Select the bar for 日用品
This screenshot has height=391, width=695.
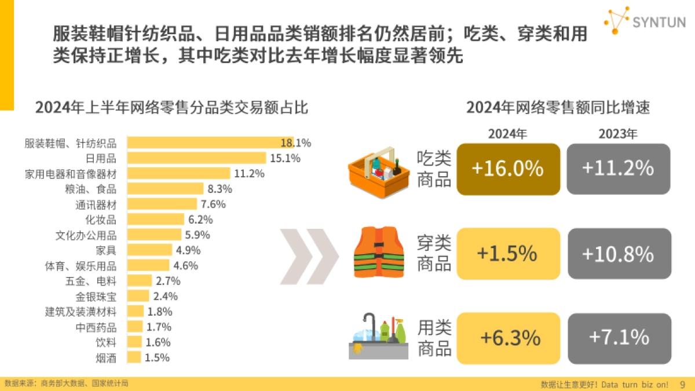point(196,158)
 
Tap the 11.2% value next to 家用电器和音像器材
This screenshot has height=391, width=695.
point(249,173)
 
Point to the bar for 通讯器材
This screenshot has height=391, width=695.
point(160,204)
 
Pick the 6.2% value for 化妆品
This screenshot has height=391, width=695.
point(200,220)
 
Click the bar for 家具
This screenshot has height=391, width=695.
point(149,250)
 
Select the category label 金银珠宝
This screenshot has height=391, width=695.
point(96,297)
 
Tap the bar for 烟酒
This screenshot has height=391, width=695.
point(134,357)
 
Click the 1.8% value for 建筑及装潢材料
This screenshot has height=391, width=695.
point(160,312)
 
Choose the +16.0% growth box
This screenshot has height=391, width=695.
point(508,169)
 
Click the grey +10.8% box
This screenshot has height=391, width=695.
point(618,254)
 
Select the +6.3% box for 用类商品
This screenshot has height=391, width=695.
point(508,337)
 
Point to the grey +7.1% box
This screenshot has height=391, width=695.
point(618,337)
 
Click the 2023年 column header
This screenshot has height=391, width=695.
point(618,134)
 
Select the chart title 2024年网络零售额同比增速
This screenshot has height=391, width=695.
point(558,108)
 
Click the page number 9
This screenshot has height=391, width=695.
point(682,384)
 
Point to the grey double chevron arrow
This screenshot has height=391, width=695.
point(310,253)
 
